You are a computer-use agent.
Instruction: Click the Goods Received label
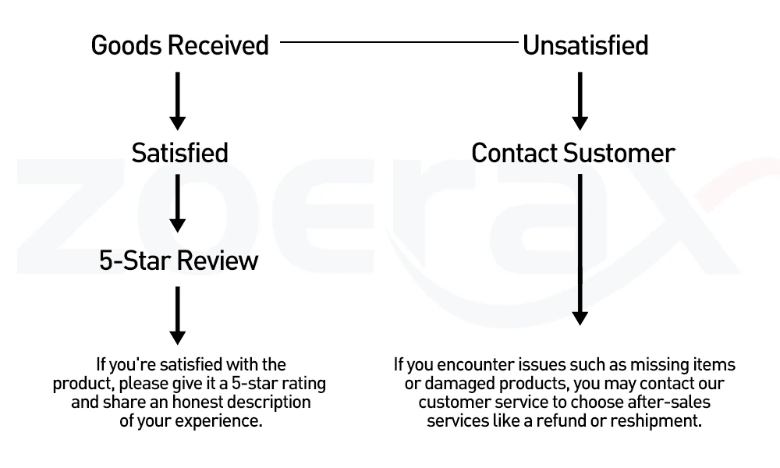point(179,45)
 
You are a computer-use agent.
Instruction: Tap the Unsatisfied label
point(586,45)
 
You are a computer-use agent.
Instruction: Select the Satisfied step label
point(179,153)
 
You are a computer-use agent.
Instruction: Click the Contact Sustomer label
point(573,153)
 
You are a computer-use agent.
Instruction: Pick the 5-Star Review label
point(179,261)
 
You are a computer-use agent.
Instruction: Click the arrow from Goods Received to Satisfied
point(178,101)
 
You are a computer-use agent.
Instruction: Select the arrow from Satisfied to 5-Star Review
point(178,203)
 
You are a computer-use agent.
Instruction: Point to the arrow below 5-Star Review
point(178,315)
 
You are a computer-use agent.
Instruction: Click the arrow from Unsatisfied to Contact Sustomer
point(580,101)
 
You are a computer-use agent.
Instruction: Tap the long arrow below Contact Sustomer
point(580,250)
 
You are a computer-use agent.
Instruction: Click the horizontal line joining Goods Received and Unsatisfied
point(399,42)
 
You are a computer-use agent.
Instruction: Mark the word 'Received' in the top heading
point(218,45)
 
